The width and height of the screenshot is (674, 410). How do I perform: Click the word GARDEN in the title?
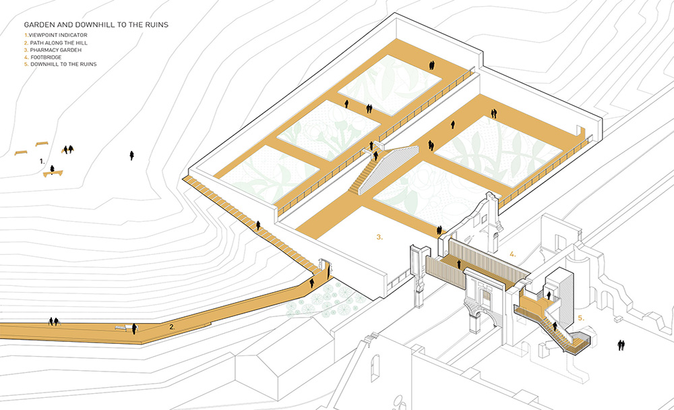coord(40,25)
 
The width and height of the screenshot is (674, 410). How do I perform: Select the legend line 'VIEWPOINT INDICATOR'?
coord(56,35)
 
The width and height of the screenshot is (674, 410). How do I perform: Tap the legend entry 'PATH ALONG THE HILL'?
coord(56,43)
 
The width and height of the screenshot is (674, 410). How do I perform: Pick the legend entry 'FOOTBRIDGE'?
coord(43,57)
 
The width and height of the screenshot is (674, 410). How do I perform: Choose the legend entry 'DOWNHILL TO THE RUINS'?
coord(61,64)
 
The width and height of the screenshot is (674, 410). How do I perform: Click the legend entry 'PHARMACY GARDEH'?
coord(53,50)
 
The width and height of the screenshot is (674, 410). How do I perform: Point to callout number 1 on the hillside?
coord(42,161)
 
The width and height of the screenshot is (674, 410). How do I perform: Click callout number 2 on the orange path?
coord(172,327)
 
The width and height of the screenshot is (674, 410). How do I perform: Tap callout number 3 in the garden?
coord(379,237)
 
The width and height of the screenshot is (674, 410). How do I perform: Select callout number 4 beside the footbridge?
coord(512,254)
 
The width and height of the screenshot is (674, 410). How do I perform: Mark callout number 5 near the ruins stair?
coord(581,318)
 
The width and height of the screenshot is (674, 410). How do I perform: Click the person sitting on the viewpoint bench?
coord(53,169)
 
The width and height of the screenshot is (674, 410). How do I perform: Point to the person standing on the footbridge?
coord(459,264)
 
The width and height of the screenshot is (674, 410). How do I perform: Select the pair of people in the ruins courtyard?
coord(621,345)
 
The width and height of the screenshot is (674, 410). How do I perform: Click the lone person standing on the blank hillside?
coord(131,155)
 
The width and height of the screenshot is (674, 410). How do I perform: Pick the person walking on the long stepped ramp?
coord(258,225)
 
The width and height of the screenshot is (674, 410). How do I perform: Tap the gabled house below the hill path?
coord(284,361)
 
